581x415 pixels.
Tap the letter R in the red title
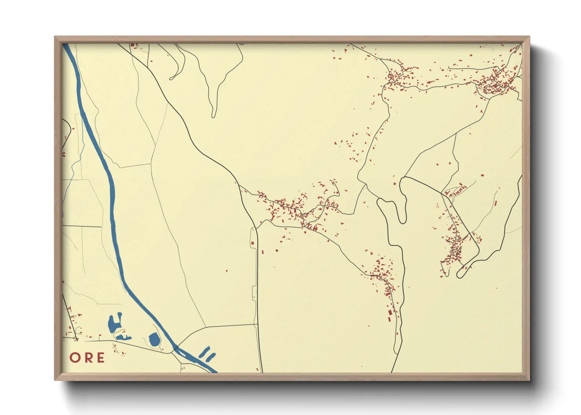88,357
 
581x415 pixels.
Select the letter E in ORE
100,357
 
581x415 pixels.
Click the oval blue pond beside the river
154,339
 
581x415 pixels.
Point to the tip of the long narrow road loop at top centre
214,116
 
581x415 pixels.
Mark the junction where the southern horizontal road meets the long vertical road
258,324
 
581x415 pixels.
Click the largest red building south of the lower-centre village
390,313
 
